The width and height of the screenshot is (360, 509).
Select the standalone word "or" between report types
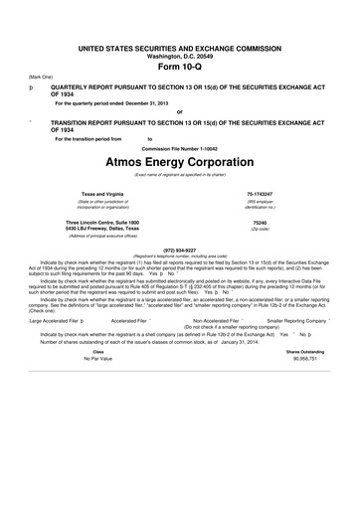[x=179, y=111]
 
